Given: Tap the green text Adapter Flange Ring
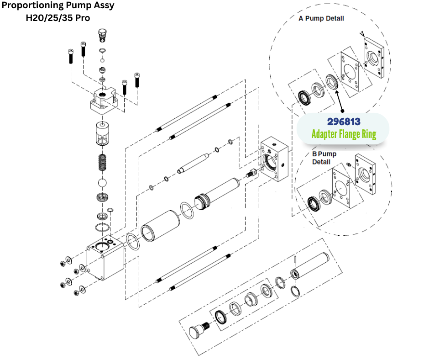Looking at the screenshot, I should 343,134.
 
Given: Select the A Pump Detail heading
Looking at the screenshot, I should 321,19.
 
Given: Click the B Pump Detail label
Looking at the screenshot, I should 324,158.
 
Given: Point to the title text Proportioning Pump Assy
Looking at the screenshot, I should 58,6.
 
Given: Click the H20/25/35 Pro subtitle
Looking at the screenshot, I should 58,18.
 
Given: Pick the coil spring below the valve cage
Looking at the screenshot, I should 104,162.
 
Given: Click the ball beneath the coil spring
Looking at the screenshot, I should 104,183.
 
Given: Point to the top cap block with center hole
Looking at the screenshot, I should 106,100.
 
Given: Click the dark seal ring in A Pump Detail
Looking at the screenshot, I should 303,97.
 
